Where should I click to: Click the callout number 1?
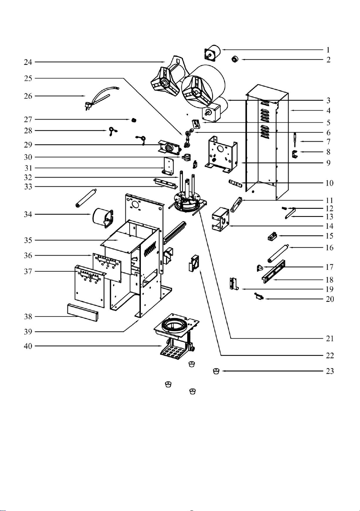point(328,50)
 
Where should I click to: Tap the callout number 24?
point(28,62)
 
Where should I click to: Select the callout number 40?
point(28,346)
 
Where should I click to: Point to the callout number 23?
point(330,371)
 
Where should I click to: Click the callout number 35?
point(28,240)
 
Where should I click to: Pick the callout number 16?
point(330,247)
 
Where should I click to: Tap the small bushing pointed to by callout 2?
point(235,59)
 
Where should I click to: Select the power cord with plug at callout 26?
point(100,97)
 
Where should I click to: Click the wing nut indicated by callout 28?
point(112,131)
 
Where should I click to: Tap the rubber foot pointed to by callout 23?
point(216,371)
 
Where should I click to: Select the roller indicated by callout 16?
point(278,254)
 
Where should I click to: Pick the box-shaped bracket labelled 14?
point(220,220)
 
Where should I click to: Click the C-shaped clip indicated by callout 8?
point(295,154)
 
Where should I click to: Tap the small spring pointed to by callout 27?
point(134,120)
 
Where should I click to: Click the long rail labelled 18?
point(273,271)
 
